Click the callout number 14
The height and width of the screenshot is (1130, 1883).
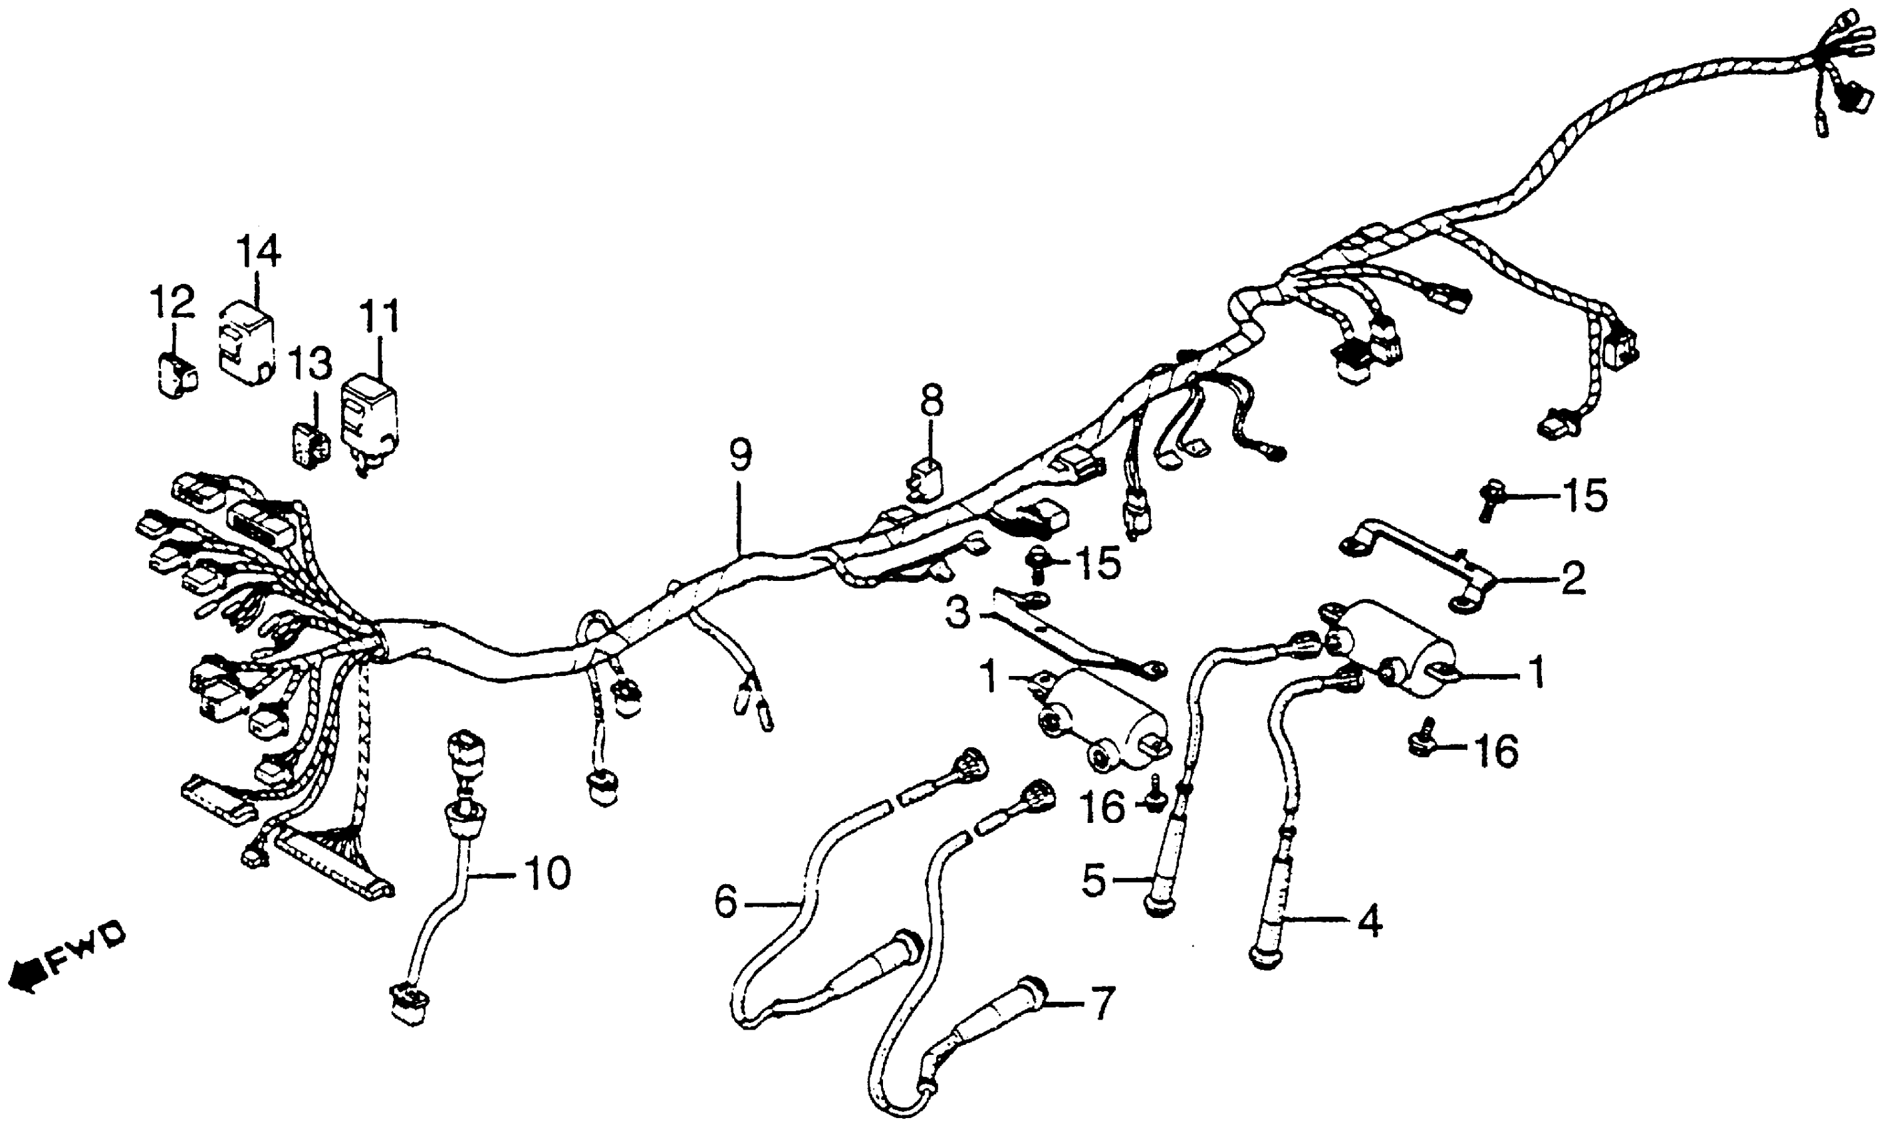[x=258, y=252]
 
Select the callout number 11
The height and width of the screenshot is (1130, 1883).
[x=378, y=318]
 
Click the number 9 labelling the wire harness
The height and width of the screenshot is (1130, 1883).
[x=739, y=455]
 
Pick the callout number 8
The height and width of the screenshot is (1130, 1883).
[x=930, y=401]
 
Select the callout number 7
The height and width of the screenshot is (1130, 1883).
[x=1103, y=1003]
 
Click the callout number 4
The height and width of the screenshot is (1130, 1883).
[x=1368, y=923]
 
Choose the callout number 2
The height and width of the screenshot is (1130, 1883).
[x=1572, y=579]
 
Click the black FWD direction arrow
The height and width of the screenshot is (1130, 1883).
[x=25, y=977]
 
